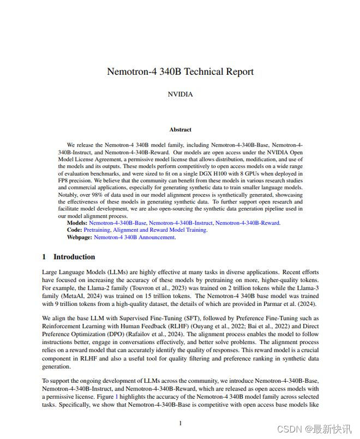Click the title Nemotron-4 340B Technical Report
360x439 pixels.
(x=180, y=71)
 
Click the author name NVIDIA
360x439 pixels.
(x=180, y=94)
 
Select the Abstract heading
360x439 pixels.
(x=180, y=129)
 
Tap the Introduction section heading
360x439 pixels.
(x=74, y=257)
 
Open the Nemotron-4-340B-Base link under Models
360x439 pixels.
(x=118, y=223)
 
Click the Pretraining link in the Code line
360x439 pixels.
(x=97, y=230)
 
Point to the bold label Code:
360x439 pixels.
(x=75, y=230)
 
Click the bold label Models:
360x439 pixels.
(x=77, y=223)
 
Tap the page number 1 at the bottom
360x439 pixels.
(x=180, y=423)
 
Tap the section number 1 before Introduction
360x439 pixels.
(x=44, y=257)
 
